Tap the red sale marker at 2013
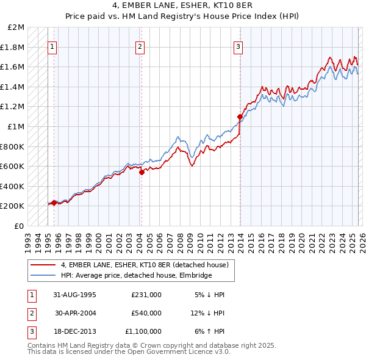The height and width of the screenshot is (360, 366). click(x=240, y=116)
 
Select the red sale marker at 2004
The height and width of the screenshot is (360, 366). click(x=142, y=172)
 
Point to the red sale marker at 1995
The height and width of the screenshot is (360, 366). click(x=54, y=203)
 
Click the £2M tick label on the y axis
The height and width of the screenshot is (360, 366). click(x=16, y=27)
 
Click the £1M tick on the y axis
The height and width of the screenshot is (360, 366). click(x=16, y=126)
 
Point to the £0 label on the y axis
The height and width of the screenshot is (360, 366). click(x=19, y=226)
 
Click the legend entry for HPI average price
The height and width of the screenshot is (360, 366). click(x=135, y=276)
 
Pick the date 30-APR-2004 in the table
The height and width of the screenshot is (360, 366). click(x=76, y=313)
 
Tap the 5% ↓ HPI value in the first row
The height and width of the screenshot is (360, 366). click(x=209, y=295)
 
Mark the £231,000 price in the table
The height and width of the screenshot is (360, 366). click(x=146, y=295)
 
